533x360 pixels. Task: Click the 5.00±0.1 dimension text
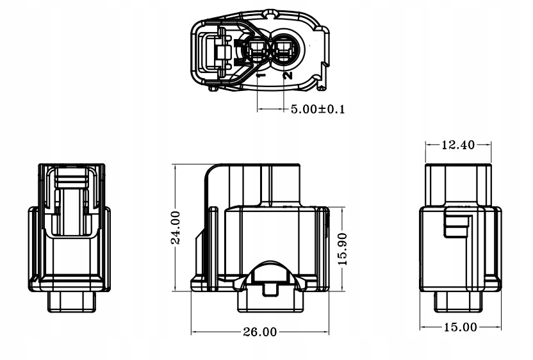[x=318, y=109]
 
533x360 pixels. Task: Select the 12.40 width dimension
[x=458, y=145]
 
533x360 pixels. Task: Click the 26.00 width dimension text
[x=259, y=332]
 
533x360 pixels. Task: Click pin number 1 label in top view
[x=261, y=75]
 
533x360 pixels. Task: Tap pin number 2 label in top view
[x=287, y=75]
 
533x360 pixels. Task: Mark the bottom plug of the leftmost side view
[x=72, y=301]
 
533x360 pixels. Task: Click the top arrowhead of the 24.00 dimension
[x=176, y=167]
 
